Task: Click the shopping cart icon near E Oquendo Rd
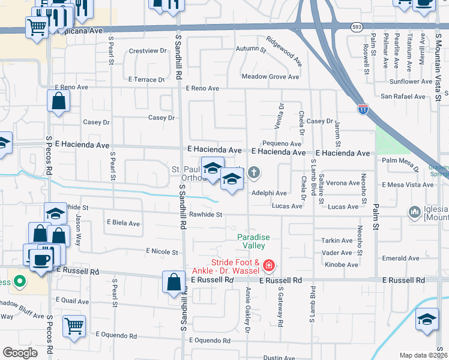tap(74, 326)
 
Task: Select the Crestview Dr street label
tap(147, 51)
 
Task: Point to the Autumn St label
tap(246, 49)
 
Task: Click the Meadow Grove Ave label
tap(270, 77)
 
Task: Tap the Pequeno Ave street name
tap(282, 144)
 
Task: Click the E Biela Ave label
tap(123, 223)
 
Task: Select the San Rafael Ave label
tap(403, 96)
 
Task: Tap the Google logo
tap(20, 352)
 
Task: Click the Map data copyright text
tap(423, 355)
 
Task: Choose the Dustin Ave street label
tap(279, 358)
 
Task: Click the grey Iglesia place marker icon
tap(414, 212)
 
